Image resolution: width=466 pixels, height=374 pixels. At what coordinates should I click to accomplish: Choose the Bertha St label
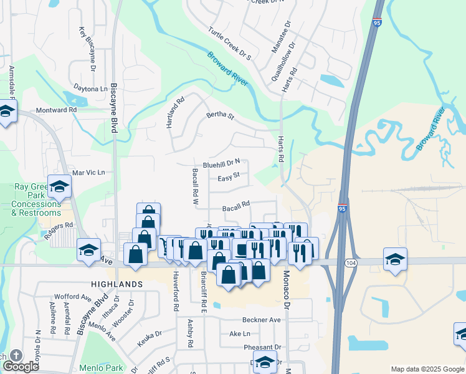(x=220, y=116)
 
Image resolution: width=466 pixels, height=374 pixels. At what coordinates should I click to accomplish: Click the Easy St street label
(x=229, y=178)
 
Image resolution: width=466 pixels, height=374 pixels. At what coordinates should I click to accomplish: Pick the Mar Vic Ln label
(x=89, y=172)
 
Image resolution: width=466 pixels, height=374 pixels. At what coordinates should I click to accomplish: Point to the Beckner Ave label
(x=262, y=320)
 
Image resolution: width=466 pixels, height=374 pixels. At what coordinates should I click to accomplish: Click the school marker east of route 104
(x=395, y=259)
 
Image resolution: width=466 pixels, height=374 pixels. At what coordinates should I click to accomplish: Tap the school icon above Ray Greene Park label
(x=60, y=186)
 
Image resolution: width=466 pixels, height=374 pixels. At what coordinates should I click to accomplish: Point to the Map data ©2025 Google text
(x=427, y=369)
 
